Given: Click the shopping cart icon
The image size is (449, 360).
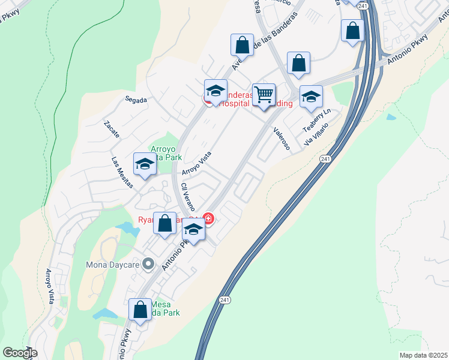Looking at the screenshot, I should (x=264, y=95).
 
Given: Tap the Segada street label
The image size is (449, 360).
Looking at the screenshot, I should (x=136, y=100).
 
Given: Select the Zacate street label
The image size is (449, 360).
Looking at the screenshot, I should (x=112, y=130).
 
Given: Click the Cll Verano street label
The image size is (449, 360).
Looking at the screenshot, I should (x=188, y=196).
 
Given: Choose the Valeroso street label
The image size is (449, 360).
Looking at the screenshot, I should (x=281, y=138).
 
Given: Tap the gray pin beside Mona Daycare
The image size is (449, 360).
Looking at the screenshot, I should (x=152, y=264).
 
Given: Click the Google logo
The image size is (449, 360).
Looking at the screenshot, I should (x=20, y=353).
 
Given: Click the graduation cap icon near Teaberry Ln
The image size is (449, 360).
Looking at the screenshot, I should (x=311, y=97).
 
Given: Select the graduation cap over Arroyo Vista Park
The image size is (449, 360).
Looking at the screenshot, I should (x=145, y=164).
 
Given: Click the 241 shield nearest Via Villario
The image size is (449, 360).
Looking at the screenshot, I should (x=325, y=159).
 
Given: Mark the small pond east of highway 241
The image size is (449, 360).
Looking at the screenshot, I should (x=391, y=117).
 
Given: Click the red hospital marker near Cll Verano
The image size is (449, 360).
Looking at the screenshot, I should (x=208, y=218).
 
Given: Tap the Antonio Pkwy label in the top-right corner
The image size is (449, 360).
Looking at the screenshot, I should (x=409, y=48).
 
